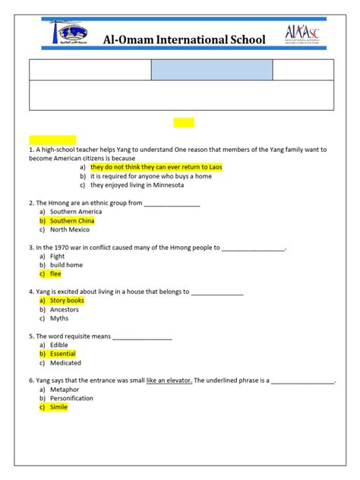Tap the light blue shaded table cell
click(211, 70)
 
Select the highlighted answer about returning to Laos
click(156, 166)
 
